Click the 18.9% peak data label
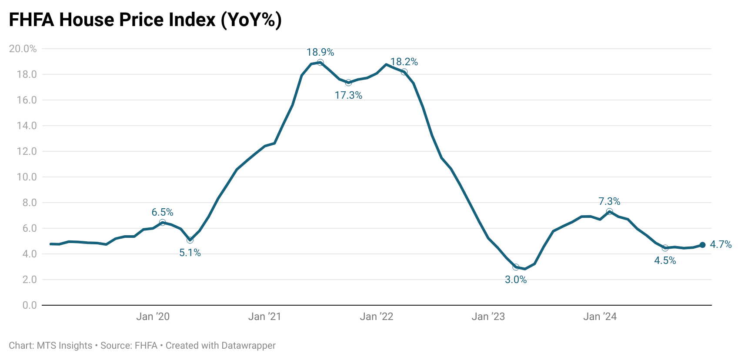(x=320, y=53)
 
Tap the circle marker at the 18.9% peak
(x=320, y=63)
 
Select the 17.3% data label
(x=348, y=95)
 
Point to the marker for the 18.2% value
(x=404, y=72)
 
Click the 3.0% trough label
(x=516, y=280)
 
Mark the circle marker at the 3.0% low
(x=516, y=267)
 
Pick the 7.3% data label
(x=609, y=202)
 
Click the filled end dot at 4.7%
(x=702, y=245)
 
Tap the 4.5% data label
(x=665, y=261)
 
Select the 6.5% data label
(x=162, y=213)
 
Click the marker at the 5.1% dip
(x=190, y=240)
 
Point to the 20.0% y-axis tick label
(x=23, y=49)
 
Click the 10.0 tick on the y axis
(x=26, y=177)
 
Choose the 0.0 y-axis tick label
(x=30, y=305)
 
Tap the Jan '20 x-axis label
(x=153, y=317)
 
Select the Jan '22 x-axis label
(x=376, y=317)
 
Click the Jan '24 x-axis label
(x=600, y=317)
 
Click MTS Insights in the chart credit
(x=64, y=346)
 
